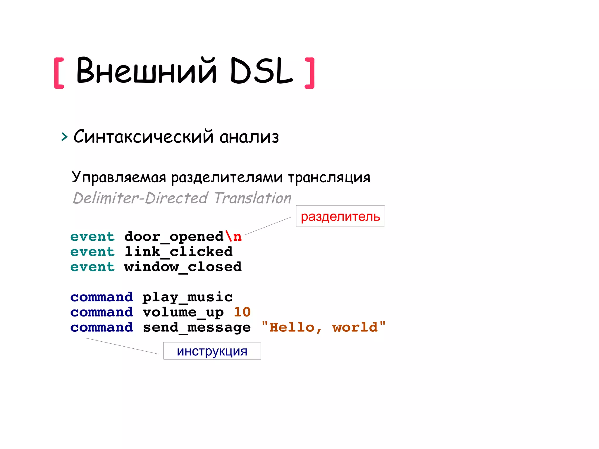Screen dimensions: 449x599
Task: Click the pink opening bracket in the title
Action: [x=59, y=73]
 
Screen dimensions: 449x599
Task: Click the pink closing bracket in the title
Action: [x=310, y=73]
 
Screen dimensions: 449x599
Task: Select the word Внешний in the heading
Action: [x=146, y=70]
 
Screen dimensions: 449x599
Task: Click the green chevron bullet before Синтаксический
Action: [x=64, y=137]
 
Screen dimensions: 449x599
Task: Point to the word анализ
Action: [x=249, y=137]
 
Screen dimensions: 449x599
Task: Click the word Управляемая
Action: [x=119, y=177]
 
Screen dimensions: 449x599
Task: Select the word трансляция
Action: [x=329, y=177]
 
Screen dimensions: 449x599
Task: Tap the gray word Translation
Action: [x=253, y=198]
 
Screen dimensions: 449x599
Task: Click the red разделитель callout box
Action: [x=340, y=216]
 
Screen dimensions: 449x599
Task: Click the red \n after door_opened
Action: [x=233, y=236]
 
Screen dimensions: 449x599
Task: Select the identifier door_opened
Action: [x=174, y=237]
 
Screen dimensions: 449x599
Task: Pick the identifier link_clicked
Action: [x=178, y=252]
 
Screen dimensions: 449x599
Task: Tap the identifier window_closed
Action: [x=183, y=267]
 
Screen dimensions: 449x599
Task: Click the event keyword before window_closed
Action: [x=92, y=267]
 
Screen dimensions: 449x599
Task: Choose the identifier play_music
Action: [x=187, y=297]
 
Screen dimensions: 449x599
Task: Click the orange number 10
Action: [x=242, y=312]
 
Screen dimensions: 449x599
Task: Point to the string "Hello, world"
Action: [x=323, y=327]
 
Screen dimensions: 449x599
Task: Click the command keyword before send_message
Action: [x=101, y=327]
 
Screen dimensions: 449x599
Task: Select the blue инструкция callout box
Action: [x=212, y=351]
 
